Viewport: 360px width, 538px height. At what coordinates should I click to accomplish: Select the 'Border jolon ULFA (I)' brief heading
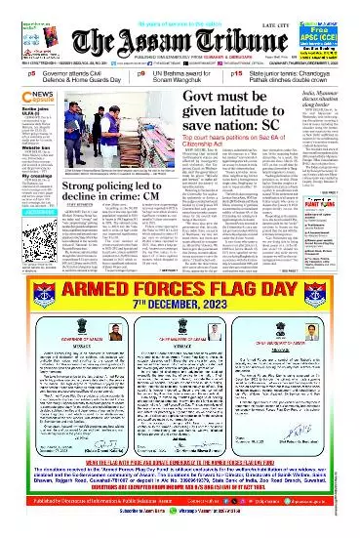coord(20,107)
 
